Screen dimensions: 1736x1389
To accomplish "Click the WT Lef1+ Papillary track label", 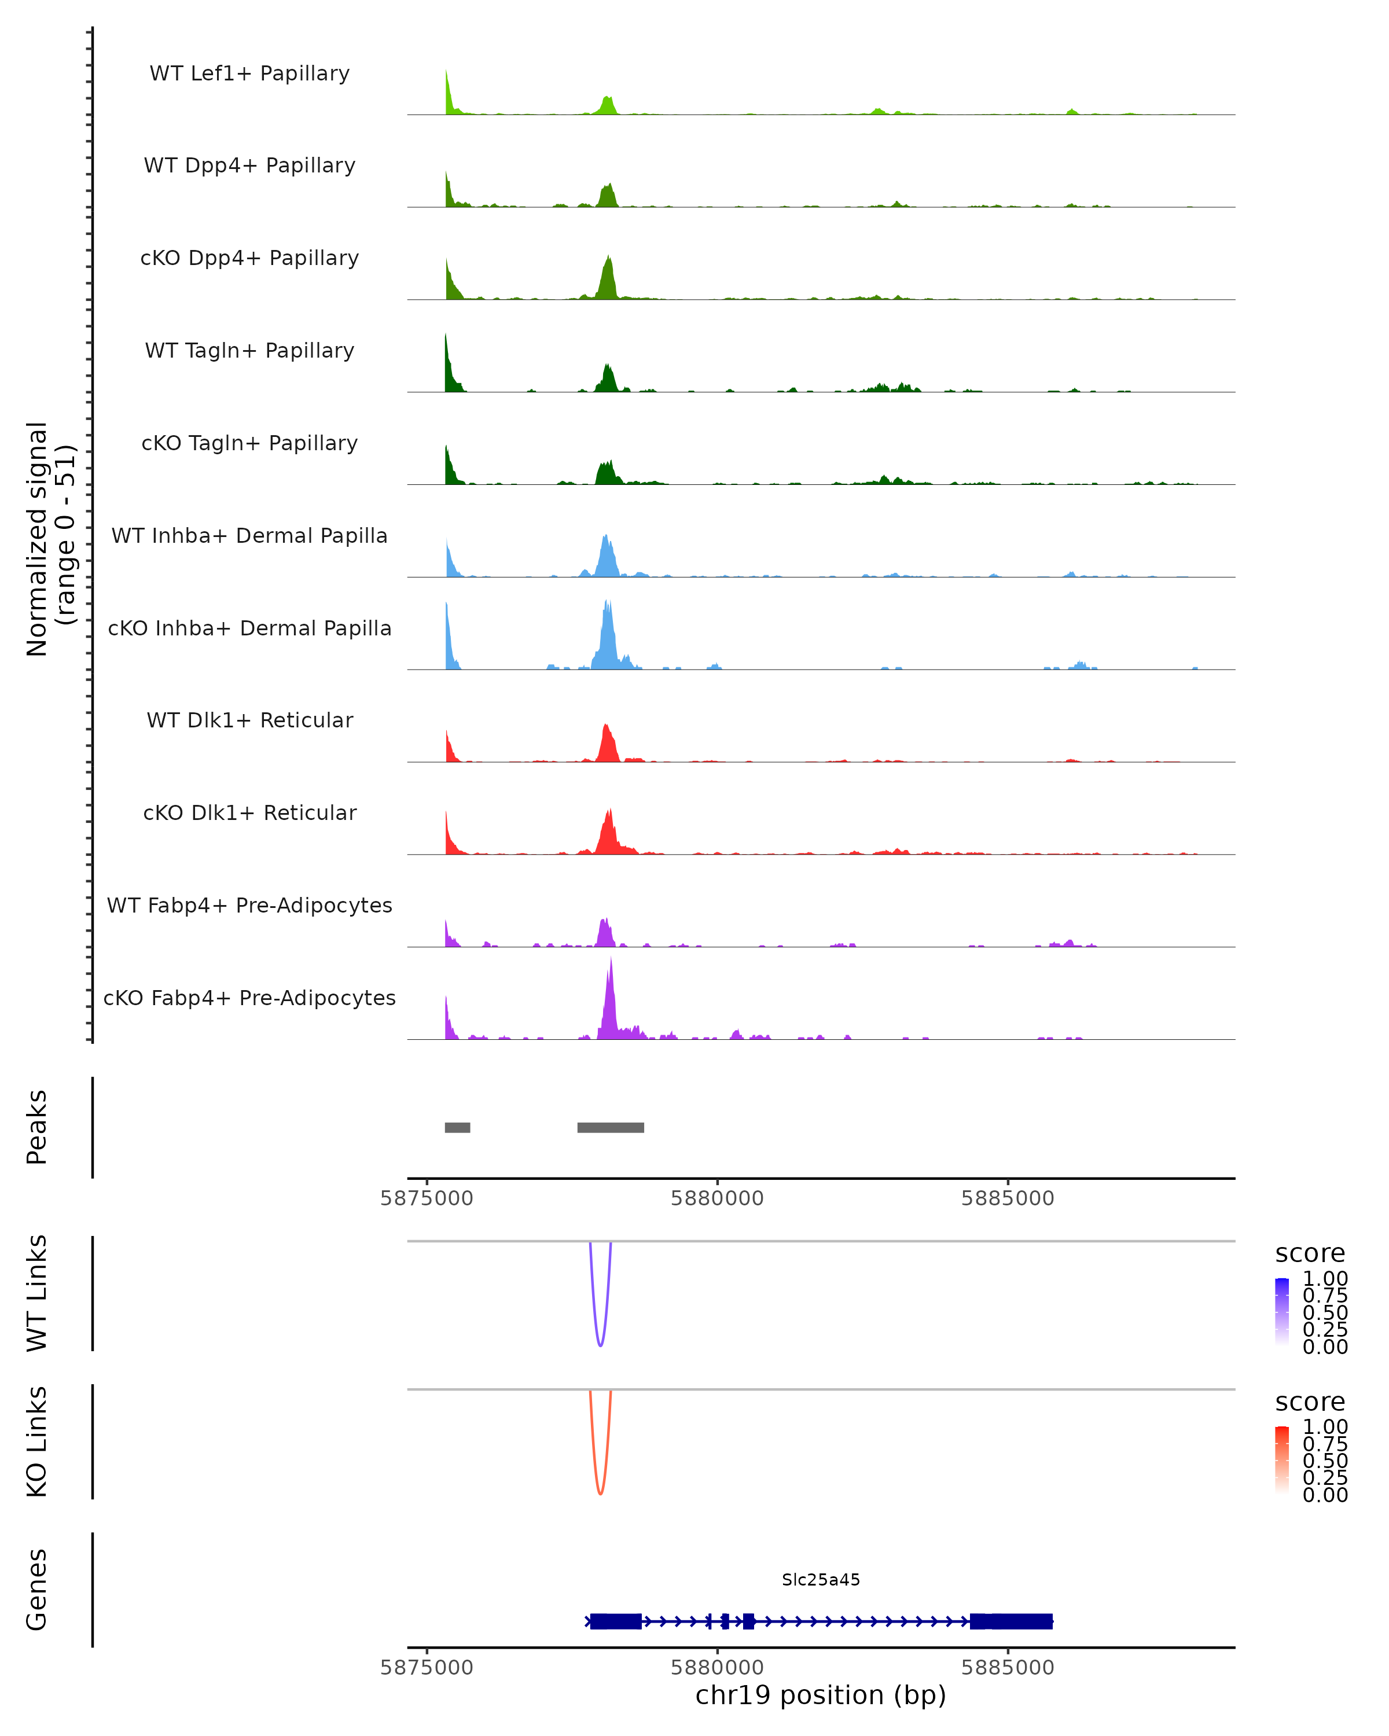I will tap(249, 73).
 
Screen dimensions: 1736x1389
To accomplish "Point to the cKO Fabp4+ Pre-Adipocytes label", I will tap(249, 998).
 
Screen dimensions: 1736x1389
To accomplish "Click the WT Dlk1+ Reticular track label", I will tap(249, 720).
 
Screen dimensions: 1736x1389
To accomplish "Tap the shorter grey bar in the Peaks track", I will tap(457, 1127).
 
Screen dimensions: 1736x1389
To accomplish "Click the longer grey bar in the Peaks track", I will tap(611, 1127).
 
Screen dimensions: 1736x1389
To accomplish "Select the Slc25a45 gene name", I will tap(821, 1580).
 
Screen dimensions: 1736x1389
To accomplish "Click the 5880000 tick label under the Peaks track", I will tap(716, 1198).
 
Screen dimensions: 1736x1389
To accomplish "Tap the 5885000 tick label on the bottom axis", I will tap(1008, 1668).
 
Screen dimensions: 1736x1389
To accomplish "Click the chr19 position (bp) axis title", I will tap(821, 1695).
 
